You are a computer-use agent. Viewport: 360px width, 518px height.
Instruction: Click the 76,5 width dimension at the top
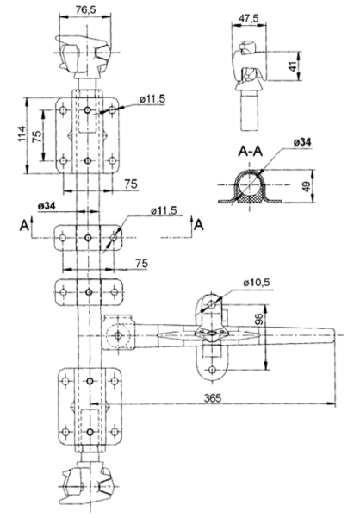tap(85, 9)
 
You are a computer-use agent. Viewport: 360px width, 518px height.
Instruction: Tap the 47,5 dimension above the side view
tap(249, 18)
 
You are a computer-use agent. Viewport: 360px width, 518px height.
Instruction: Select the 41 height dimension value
tap(292, 66)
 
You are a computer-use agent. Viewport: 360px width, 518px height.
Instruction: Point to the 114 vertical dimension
tap(22, 134)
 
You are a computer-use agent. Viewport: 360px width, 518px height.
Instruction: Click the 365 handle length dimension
tap(213, 398)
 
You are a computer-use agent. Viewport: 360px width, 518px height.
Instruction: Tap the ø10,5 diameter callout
tap(257, 283)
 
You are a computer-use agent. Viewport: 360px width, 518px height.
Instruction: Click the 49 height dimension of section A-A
tap(307, 187)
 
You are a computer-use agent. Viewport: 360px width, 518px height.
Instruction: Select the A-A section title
tap(251, 152)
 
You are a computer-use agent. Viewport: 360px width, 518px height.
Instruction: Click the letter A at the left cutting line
tap(23, 225)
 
